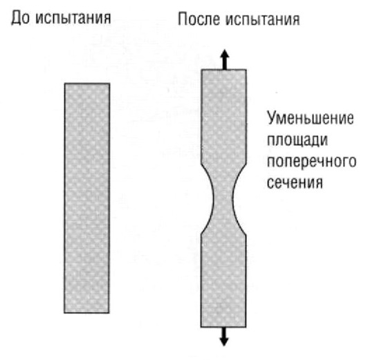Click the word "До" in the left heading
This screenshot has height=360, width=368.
pyautogui.click(x=21, y=18)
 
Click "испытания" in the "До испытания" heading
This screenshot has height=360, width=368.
pyautogui.click(x=73, y=19)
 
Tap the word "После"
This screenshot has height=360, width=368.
pyautogui.click(x=199, y=19)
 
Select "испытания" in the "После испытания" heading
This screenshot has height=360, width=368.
pyautogui.click(x=263, y=19)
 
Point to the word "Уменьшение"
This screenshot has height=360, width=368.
pyautogui.click(x=311, y=118)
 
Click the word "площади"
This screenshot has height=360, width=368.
pyautogui.click(x=297, y=140)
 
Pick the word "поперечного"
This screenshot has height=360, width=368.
pyautogui.click(x=312, y=161)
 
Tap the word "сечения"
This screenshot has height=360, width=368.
pyautogui.click(x=295, y=182)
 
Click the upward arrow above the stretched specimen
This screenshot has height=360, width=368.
pyautogui.click(x=225, y=59)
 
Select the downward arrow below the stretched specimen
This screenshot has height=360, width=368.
pyautogui.click(x=224, y=337)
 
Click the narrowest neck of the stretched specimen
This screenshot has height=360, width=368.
pyautogui.click(x=223, y=198)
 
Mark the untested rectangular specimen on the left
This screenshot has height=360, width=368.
pyautogui.click(x=87, y=198)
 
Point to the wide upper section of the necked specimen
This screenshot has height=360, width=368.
pyautogui.click(x=223, y=117)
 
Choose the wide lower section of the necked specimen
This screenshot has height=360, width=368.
pyautogui.click(x=223, y=280)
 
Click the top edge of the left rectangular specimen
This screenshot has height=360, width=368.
pyautogui.click(x=87, y=83)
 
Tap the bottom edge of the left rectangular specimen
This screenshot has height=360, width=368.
pyautogui.click(x=86, y=312)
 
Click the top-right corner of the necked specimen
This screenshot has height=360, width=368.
pyautogui.click(x=246, y=70)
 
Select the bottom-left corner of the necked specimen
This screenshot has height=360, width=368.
pyautogui.click(x=201, y=327)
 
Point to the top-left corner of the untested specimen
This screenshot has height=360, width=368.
pyautogui.click(x=64, y=83)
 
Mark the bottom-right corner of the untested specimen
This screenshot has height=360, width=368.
pyautogui.click(x=109, y=312)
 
